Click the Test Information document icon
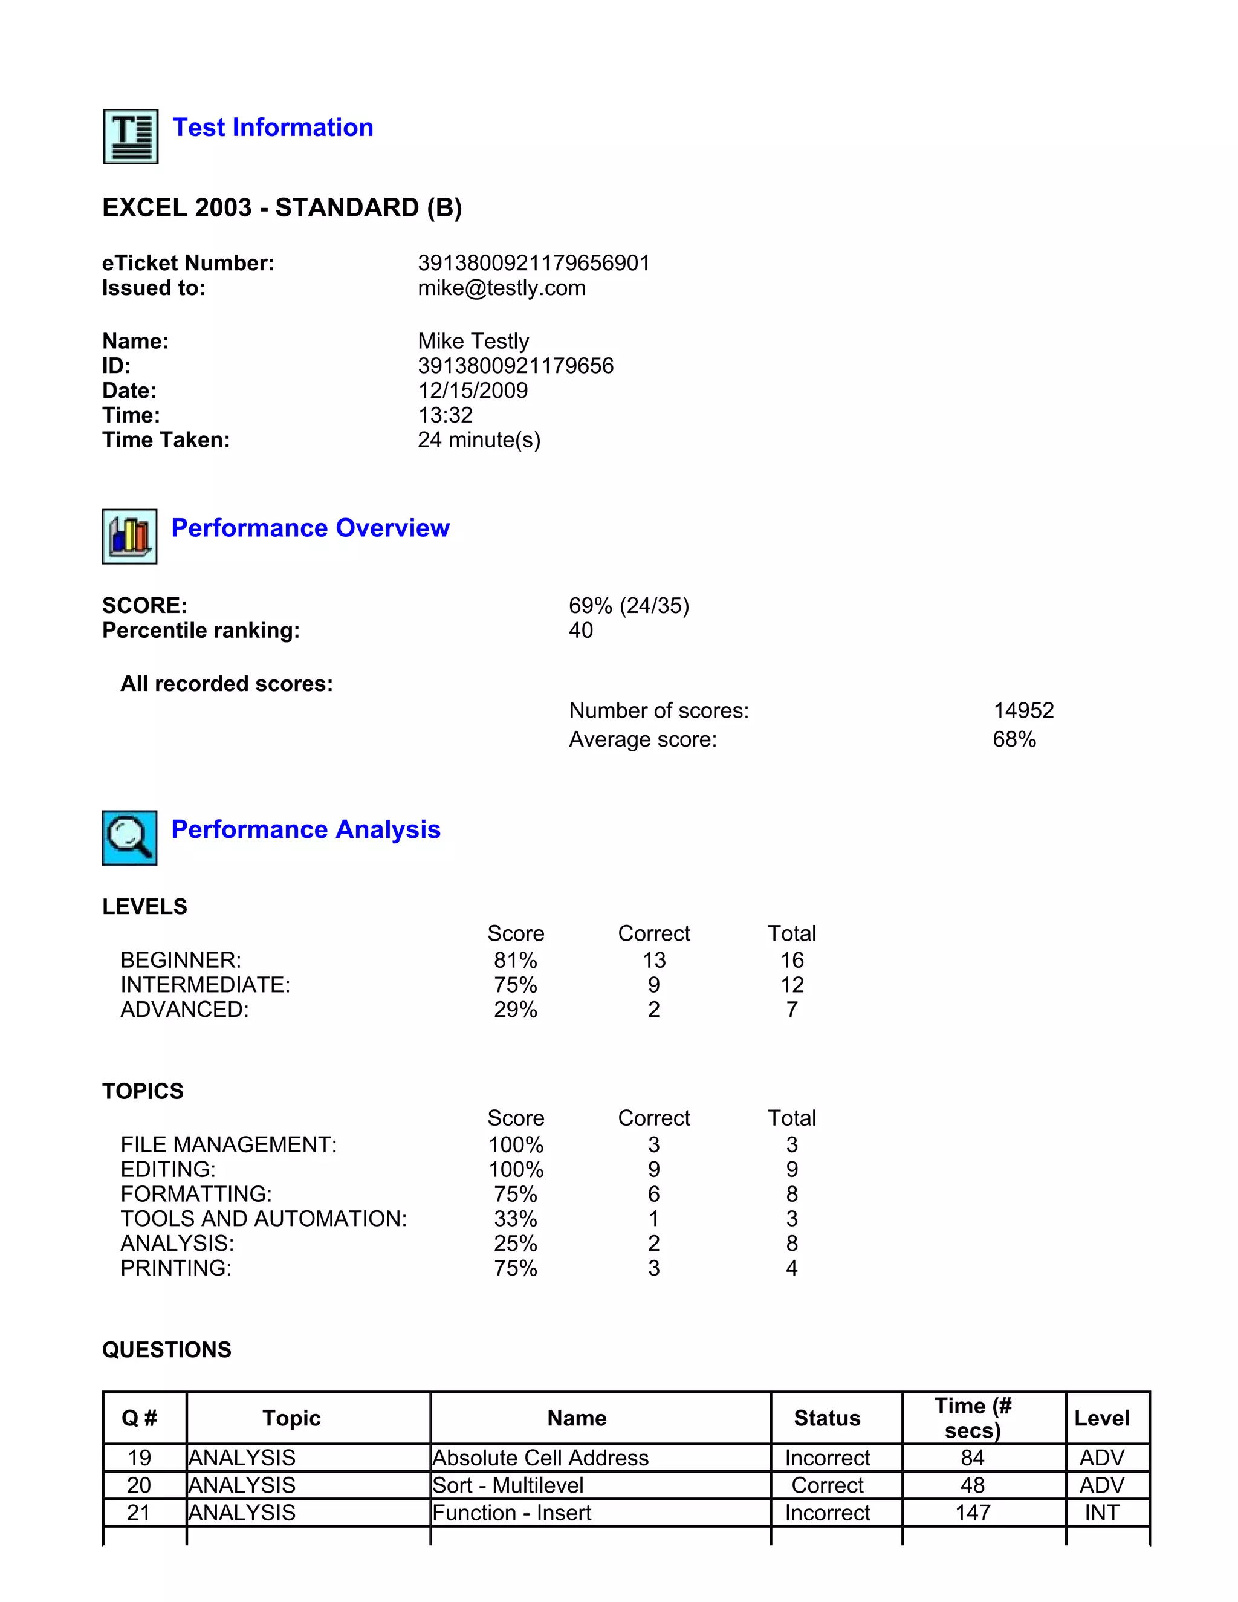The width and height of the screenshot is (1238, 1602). coord(131,137)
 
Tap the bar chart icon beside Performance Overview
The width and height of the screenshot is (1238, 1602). coord(129,536)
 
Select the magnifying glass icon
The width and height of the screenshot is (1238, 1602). coord(129,838)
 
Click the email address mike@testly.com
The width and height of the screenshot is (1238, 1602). coord(502,288)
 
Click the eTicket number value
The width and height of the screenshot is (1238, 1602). coord(534,264)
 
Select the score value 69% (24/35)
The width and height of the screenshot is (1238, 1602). coord(629,606)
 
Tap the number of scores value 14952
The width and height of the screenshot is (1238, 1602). coord(1023,710)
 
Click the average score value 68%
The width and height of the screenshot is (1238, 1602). coord(1014,739)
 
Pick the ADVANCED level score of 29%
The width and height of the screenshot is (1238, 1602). coord(515,1010)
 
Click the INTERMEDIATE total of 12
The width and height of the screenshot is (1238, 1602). coord(791,985)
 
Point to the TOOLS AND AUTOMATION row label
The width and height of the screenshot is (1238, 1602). coord(264,1219)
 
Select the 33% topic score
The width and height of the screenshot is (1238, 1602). coord(515,1219)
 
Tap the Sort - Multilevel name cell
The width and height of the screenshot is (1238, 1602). coord(508,1485)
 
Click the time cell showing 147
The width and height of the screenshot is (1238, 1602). coord(973,1513)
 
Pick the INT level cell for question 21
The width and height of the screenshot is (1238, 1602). coord(1101,1513)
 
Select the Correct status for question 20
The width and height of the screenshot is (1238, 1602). coord(828,1485)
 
